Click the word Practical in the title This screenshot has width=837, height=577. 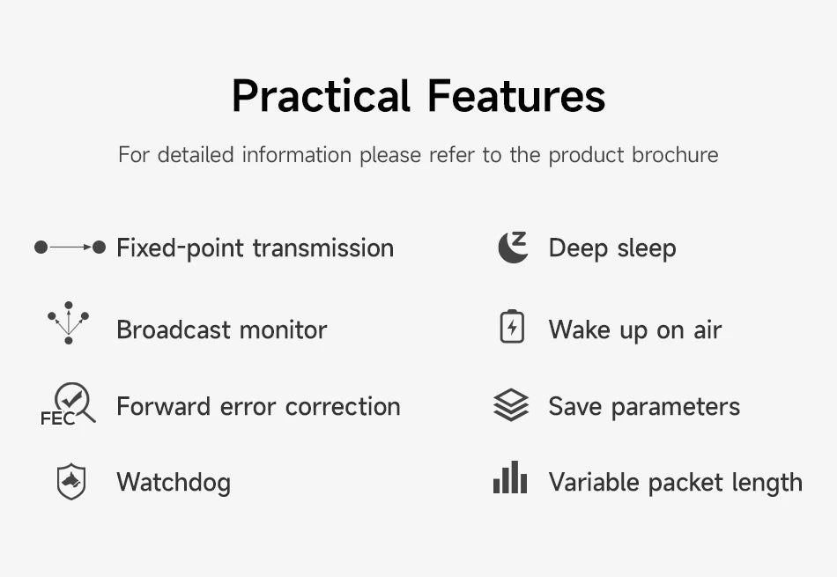point(322,96)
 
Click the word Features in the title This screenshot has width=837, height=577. point(516,96)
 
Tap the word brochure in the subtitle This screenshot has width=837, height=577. point(675,155)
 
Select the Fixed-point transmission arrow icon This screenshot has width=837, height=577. point(70,248)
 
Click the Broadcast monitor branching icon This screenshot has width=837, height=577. point(69,323)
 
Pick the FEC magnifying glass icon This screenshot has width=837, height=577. point(69,404)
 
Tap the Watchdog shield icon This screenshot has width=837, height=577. point(71,482)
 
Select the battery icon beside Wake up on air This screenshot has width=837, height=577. point(512,326)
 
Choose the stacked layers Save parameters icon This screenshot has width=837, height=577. point(511,404)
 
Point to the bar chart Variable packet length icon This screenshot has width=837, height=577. point(510,477)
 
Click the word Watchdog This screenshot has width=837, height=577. point(174,483)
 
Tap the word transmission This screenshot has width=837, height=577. point(323,248)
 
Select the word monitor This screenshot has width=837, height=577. point(283,329)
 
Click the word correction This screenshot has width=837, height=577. point(343,407)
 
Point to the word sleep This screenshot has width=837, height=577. point(647,249)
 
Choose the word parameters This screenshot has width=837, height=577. point(675,408)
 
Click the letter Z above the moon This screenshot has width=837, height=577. point(520,239)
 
